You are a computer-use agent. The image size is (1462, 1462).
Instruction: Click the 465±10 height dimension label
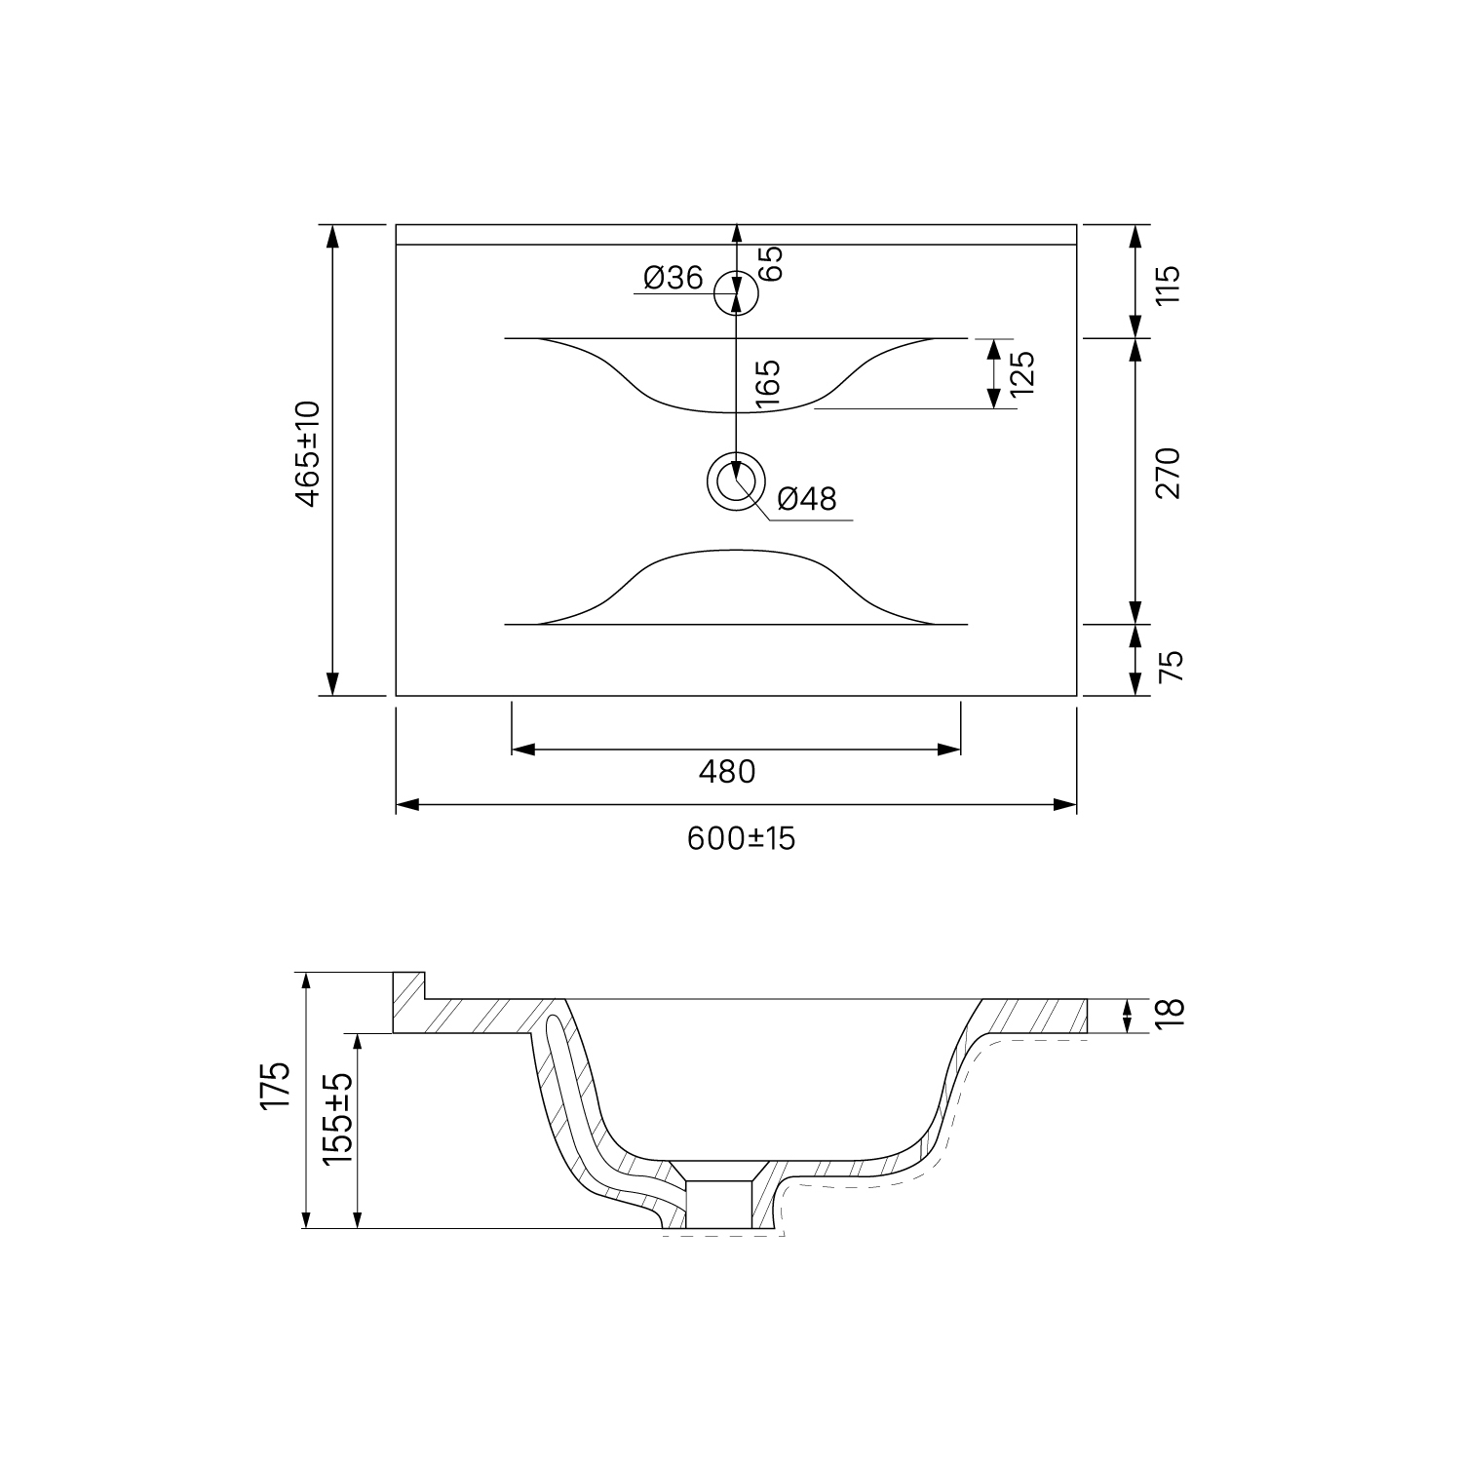[x=308, y=453]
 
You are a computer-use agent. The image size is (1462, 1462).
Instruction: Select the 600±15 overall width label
[x=741, y=838]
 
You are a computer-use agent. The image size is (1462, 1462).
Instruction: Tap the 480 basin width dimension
[x=727, y=772]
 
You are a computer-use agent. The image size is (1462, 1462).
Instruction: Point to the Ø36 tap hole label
[x=673, y=279]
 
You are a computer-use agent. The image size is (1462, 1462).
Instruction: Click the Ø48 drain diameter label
[x=807, y=499]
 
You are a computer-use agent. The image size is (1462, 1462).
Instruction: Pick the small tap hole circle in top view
[x=736, y=292]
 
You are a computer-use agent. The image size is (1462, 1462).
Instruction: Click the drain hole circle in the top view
[x=736, y=481]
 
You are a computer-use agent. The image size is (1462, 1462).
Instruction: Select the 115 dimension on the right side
[x=1168, y=284]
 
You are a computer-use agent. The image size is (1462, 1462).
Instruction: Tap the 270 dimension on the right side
[x=1168, y=474]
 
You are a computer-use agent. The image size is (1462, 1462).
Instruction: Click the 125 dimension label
[x=1021, y=372]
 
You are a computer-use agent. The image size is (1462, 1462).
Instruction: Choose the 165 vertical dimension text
[x=768, y=383]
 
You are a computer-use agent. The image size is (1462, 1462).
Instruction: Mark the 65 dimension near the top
[x=770, y=263]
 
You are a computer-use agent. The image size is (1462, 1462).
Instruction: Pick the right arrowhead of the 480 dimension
[x=950, y=749]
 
